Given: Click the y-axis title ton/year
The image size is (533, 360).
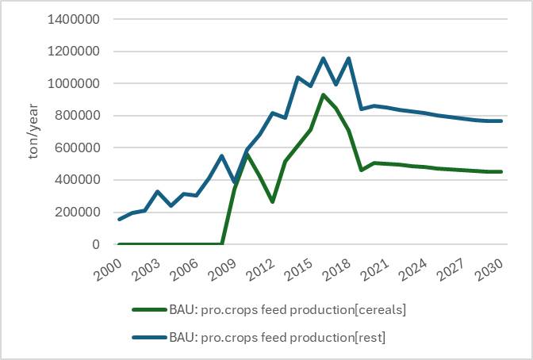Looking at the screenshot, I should (x=33, y=131).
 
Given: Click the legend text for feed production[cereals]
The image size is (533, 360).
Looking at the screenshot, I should (x=288, y=309).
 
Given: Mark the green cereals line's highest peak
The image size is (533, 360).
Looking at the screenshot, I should (x=323, y=95).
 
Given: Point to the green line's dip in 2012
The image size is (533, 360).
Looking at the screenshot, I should (x=272, y=201).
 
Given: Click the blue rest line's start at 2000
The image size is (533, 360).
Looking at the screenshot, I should (x=118, y=220).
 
